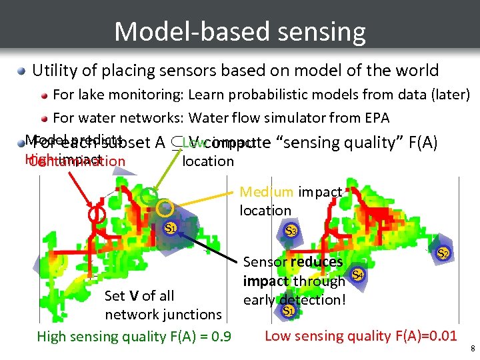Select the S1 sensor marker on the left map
tap(171, 228)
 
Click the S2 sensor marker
tap(443, 253)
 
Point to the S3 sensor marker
tap(291, 231)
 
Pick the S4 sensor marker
tap(358, 275)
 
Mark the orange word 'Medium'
tap(266, 192)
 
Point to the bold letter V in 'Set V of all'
tap(134, 295)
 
